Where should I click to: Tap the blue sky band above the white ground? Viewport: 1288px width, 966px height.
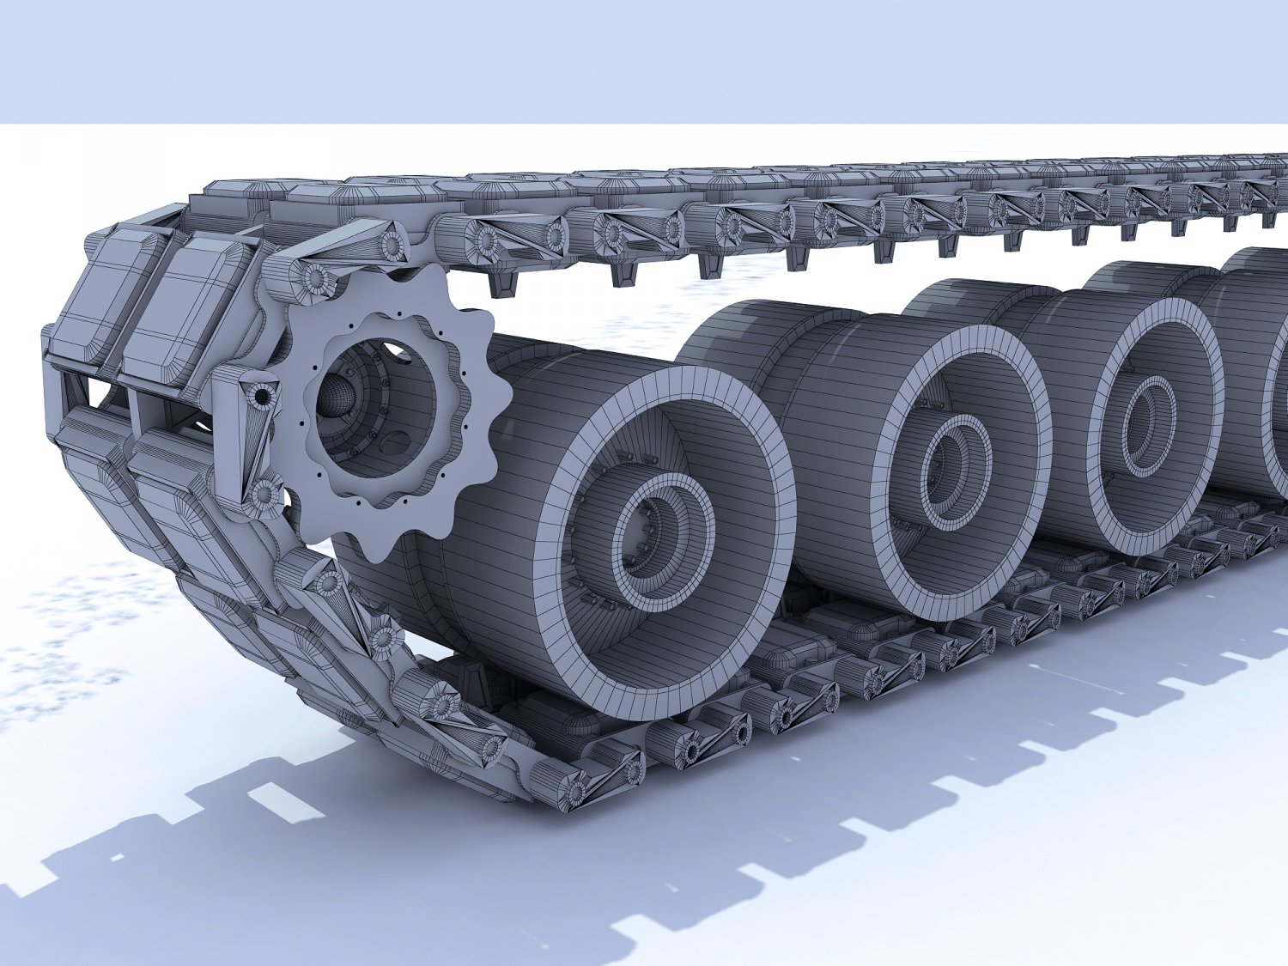click(644, 60)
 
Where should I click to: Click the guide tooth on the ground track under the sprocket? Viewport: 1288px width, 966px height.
click(477, 678)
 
